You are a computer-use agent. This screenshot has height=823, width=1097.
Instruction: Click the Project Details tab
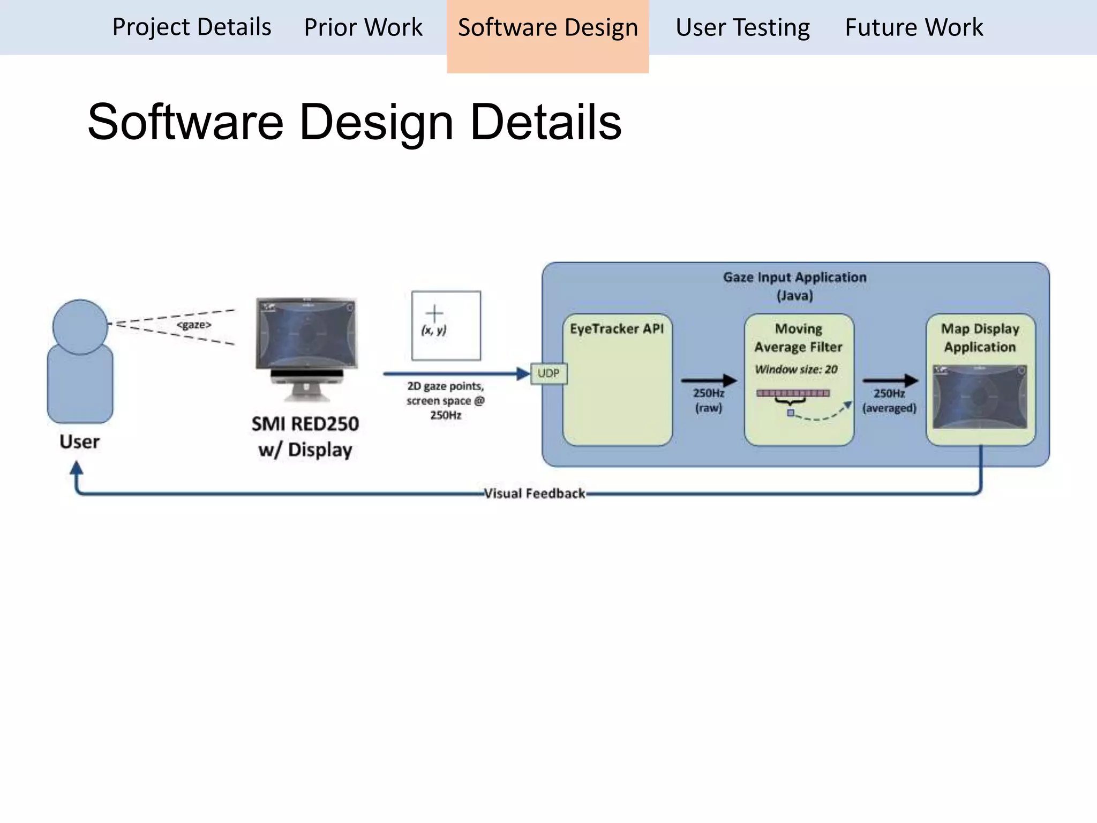click(191, 27)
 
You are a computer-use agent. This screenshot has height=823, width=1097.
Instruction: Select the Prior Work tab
click(363, 27)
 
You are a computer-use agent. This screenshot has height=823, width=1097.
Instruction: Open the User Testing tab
click(742, 27)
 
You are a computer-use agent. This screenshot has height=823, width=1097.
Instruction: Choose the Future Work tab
click(914, 27)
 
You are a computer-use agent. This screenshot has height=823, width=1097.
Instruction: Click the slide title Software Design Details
click(354, 122)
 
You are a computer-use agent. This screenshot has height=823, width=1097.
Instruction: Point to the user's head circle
click(80, 326)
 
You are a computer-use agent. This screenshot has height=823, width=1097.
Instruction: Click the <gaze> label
click(194, 325)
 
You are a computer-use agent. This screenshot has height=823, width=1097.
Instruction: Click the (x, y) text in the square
click(434, 330)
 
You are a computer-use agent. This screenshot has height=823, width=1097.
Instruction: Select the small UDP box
click(548, 373)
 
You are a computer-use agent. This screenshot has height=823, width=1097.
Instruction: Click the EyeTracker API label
click(617, 328)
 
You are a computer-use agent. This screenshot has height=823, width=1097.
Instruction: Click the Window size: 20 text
click(796, 369)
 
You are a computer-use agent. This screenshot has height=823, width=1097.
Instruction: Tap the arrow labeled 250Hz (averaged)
click(890, 380)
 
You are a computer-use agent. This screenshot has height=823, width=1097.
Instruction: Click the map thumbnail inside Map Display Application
click(980, 396)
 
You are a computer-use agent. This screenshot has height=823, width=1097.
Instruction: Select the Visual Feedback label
click(534, 493)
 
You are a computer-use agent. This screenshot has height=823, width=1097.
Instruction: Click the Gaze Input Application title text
click(794, 278)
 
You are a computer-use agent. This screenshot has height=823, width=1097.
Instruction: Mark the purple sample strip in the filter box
click(793, 393)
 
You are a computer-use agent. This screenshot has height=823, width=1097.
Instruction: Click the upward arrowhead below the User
click(77, 468)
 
